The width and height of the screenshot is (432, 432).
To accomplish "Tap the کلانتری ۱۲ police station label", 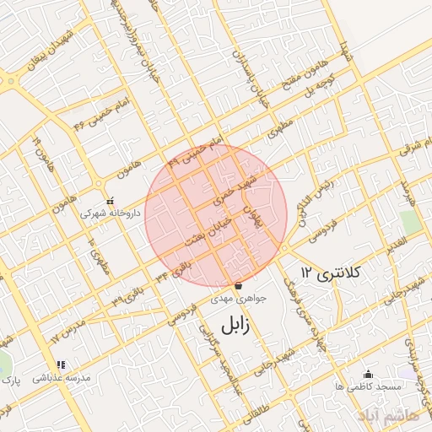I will pos(331,273).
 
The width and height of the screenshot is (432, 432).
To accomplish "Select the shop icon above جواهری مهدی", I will pos(237,284).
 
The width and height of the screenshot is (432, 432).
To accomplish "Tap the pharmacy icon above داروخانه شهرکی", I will pos(111,201).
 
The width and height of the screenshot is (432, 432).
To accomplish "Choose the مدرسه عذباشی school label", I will pos(62,379).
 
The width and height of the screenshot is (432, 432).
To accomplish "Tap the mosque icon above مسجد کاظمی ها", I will pos(367,374).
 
